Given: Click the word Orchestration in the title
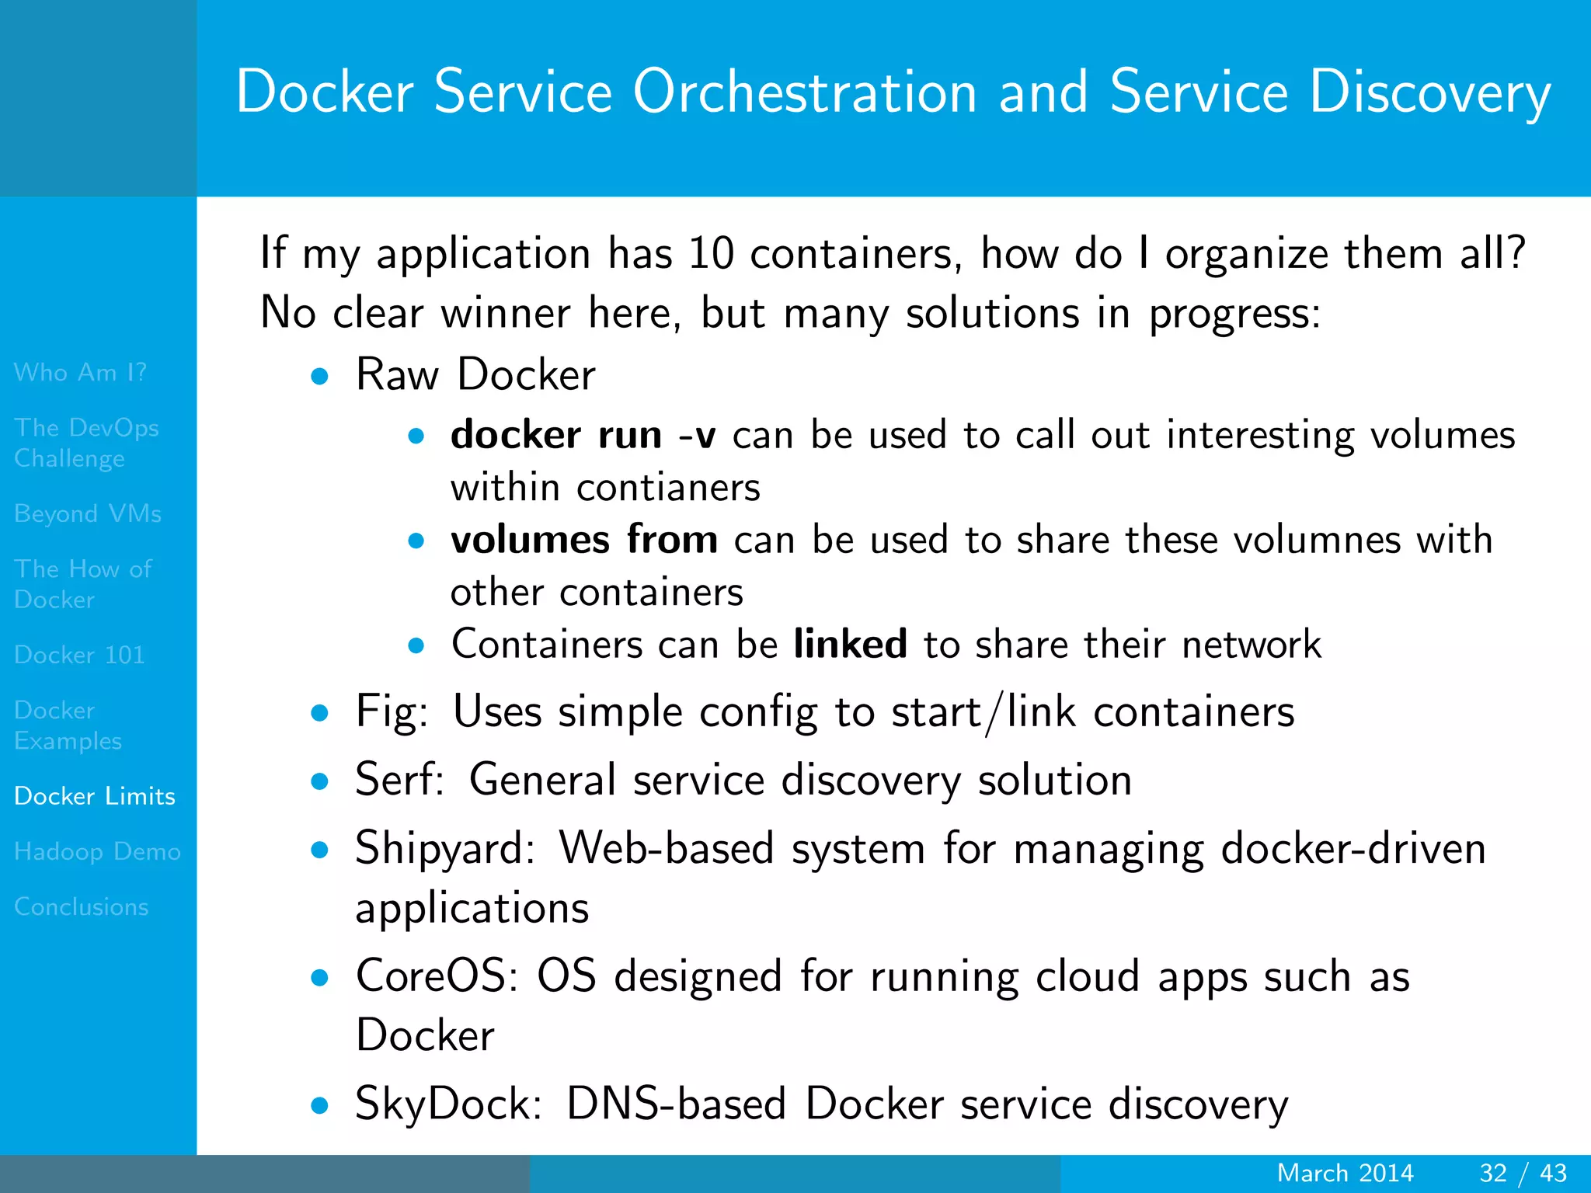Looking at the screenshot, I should click(805, 92).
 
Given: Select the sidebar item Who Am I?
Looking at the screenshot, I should click(80, 373).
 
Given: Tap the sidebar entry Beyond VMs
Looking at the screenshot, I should click(88, 513).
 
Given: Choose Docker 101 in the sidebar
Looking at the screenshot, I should click(79, 655).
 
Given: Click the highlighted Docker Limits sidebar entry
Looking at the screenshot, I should click(95, 796).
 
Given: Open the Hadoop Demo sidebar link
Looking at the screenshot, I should click(97, 851).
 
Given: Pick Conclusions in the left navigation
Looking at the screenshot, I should click(81, 906).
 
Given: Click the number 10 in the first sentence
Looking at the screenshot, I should click(711, 254).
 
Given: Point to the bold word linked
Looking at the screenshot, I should click(850, 644).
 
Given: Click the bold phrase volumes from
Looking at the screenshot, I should click(584, 540).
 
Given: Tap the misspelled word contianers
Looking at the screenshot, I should click(668, 488).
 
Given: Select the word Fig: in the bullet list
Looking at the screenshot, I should click(392, 712).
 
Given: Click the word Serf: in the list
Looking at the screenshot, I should click(399, 780).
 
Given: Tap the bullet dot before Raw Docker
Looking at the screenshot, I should click(319, 377).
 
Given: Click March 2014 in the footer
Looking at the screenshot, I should click(1345, 1173).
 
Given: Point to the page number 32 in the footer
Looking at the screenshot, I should click(1493, 1173).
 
